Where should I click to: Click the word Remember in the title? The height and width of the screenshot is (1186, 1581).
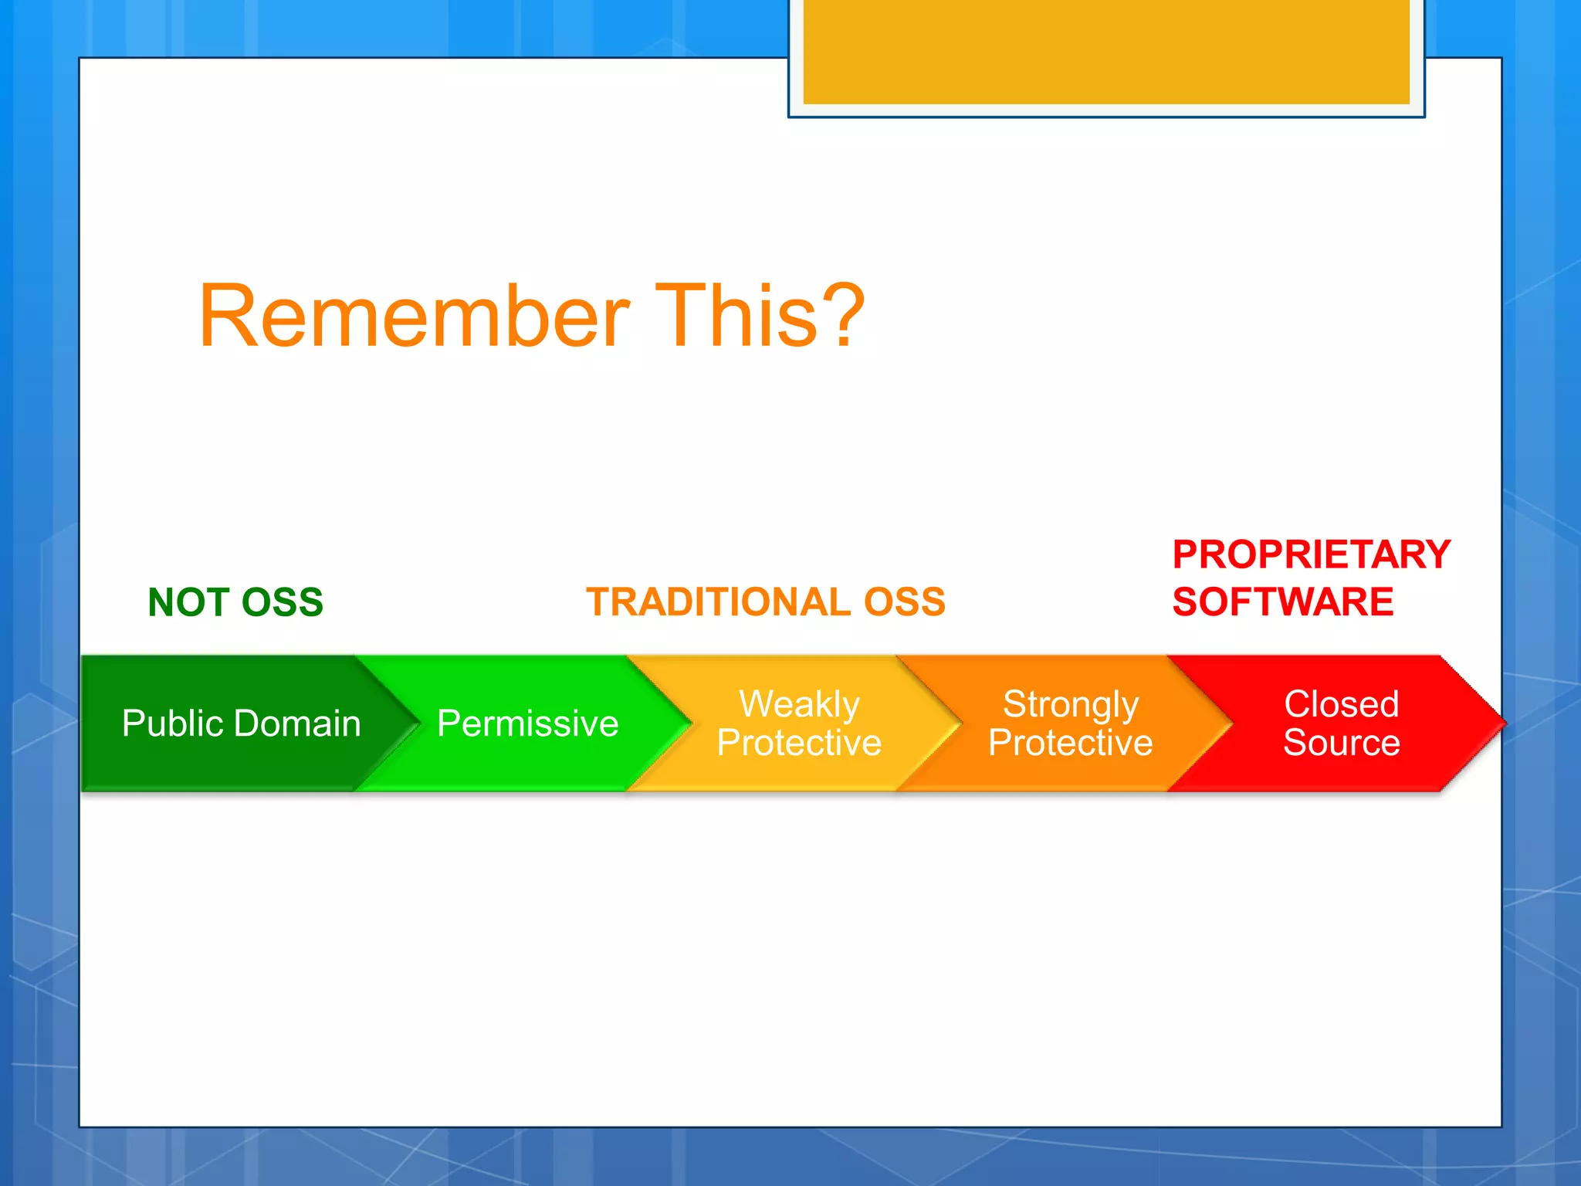pos(415,316)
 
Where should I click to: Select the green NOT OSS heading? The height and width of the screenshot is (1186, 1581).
pos(235,601)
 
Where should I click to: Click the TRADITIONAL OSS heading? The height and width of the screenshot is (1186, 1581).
pos(766,601)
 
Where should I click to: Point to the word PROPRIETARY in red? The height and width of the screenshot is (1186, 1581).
pos(1312,554)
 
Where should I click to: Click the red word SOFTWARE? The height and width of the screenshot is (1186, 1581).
pos(1283,601)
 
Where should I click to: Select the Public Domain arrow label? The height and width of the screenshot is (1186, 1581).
pos(242,723)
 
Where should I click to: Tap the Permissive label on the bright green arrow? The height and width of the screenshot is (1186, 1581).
pos(528,723)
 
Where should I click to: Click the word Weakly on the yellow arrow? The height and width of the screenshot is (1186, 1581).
pos(799,704)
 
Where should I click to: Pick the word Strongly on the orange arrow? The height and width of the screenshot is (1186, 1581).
pos(1071,705)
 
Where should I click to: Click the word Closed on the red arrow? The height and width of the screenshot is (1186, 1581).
pos(1342,703)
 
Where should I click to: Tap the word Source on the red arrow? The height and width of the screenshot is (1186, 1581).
pos(1342,742)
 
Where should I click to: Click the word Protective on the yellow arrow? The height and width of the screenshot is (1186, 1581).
pos(799,742)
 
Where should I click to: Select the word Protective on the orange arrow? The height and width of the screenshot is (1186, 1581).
pos(1071,742)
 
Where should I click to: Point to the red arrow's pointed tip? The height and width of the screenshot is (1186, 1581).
pos(1505,723)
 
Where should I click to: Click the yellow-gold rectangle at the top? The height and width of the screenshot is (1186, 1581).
pos(1106,52)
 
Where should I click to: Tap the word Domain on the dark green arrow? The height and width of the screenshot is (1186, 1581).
pos(297,723)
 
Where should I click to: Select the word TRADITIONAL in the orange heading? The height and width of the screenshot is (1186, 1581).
pos(719,601)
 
